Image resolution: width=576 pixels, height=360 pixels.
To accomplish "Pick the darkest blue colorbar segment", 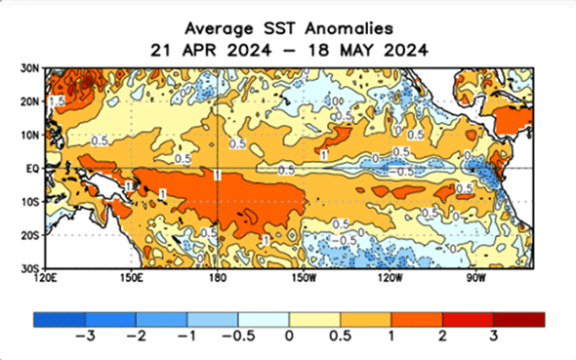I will tap(59, 319).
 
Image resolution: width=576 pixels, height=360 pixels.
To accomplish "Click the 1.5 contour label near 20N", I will tap(58, 101).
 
